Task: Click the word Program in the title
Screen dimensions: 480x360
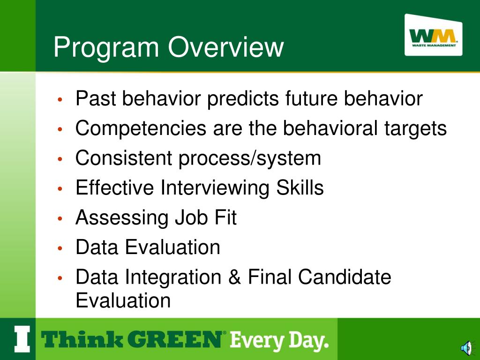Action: click(x=106, y=47)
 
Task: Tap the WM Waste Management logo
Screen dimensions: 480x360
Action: click(x=433, y=35)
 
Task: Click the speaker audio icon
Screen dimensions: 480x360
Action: click(x=466, y=348)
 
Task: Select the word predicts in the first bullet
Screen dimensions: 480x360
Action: click(x=243, y=99)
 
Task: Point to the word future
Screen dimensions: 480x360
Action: click(x=311, y=98)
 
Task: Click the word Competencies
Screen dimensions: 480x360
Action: click(x=141, y=128)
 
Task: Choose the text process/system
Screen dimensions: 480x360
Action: click(x=249, y=158)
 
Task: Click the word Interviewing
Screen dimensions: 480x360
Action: click(x=215, y=188)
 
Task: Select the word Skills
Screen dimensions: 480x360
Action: click(x=300, y=187)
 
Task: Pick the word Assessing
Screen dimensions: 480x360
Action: click(x=122, y=218)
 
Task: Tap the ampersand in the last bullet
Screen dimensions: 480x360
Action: click(x=234, y=277)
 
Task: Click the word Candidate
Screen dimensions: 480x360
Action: click(x=345, y=277)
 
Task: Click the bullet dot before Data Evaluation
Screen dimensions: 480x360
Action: click(x=60, y=248)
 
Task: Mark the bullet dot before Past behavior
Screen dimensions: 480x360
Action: click(x=60, y=99)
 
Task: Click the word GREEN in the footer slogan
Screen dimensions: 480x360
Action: click(x=174, y=339)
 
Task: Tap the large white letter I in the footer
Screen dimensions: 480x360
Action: click(x=22, y=339)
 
